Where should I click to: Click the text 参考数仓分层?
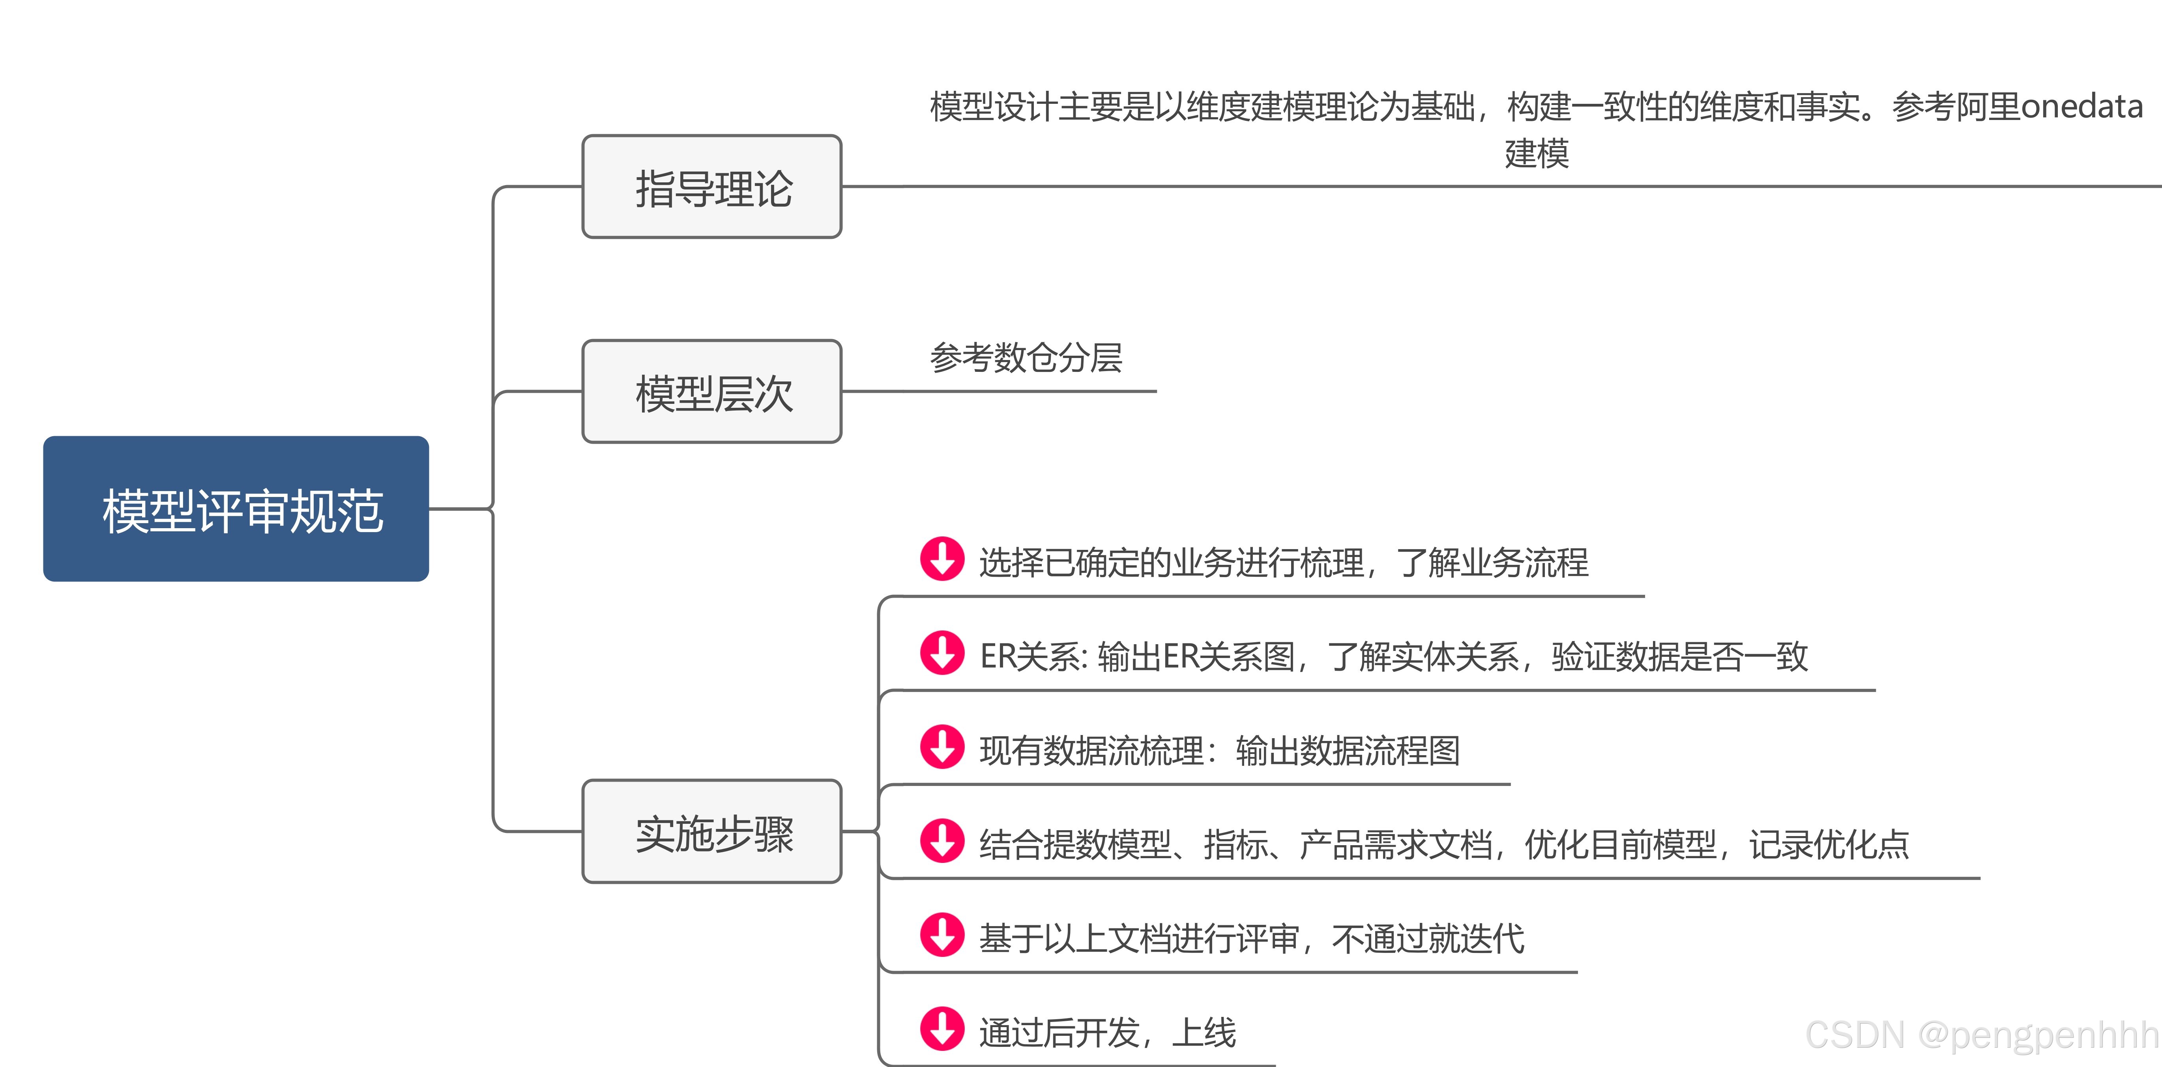[1026, 358]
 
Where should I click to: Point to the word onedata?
[2082, 107]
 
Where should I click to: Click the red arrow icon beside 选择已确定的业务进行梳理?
[942, 559]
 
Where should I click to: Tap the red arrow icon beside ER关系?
[942, 653]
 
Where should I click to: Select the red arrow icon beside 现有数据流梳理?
[942, 747]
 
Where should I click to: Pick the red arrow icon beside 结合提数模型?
[942, 841]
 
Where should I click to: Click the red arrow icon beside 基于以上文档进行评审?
[942, 935]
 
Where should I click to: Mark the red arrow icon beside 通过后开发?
[942, 1029]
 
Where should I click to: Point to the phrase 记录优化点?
[1830, 844]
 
